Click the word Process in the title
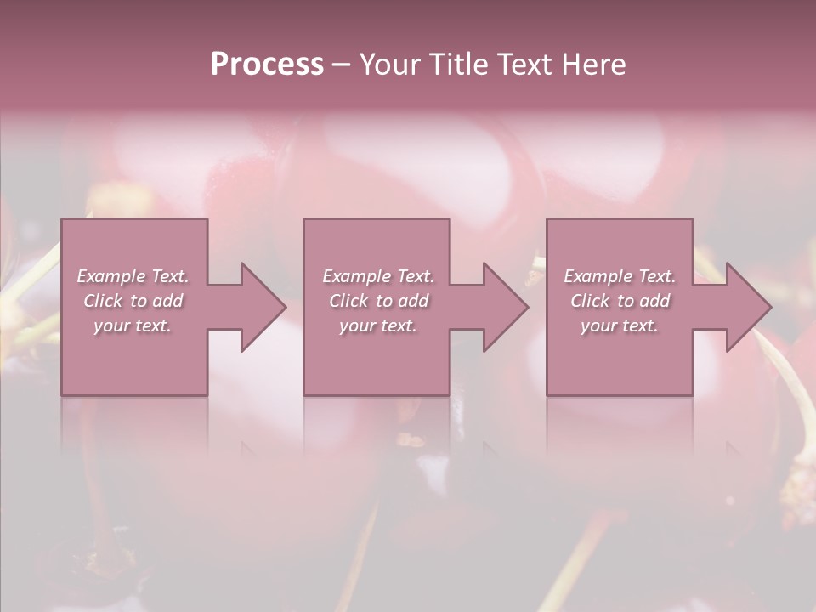pos(267,65)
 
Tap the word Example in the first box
pos(110,276)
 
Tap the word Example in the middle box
pos(355,276)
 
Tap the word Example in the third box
pos(597,276)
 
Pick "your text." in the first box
pos(133,326)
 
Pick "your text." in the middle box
pos(377,326)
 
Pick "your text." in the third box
pos(620,326)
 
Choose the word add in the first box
pos(168,301)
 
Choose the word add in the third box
pos(655,301)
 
